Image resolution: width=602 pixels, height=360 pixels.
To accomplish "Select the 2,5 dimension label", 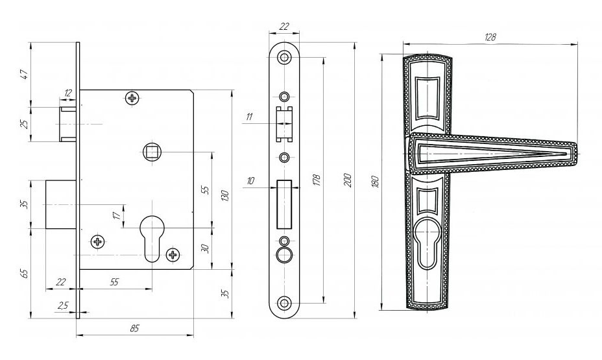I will (x=62, y=305).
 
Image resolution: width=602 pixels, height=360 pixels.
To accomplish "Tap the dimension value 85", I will (x=134, y=328).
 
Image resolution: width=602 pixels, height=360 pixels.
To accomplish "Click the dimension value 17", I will (x=116, y=215).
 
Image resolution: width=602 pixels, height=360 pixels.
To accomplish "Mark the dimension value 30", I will (x=205, y=248).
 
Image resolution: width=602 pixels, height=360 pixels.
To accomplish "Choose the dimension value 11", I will (x=249, y=117).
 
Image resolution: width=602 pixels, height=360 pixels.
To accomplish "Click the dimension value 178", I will (x=316, y=179).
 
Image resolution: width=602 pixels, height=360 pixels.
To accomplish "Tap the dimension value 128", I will (x=490, y=38).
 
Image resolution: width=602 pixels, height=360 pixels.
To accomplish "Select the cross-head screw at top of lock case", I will (x=133, y=99).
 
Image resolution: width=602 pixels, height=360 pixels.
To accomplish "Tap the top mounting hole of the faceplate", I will (x=284, y=58).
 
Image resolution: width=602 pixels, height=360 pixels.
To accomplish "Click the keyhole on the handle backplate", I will (x=426, y=245).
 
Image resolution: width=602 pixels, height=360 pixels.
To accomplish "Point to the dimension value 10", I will (x=250, y=182).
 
